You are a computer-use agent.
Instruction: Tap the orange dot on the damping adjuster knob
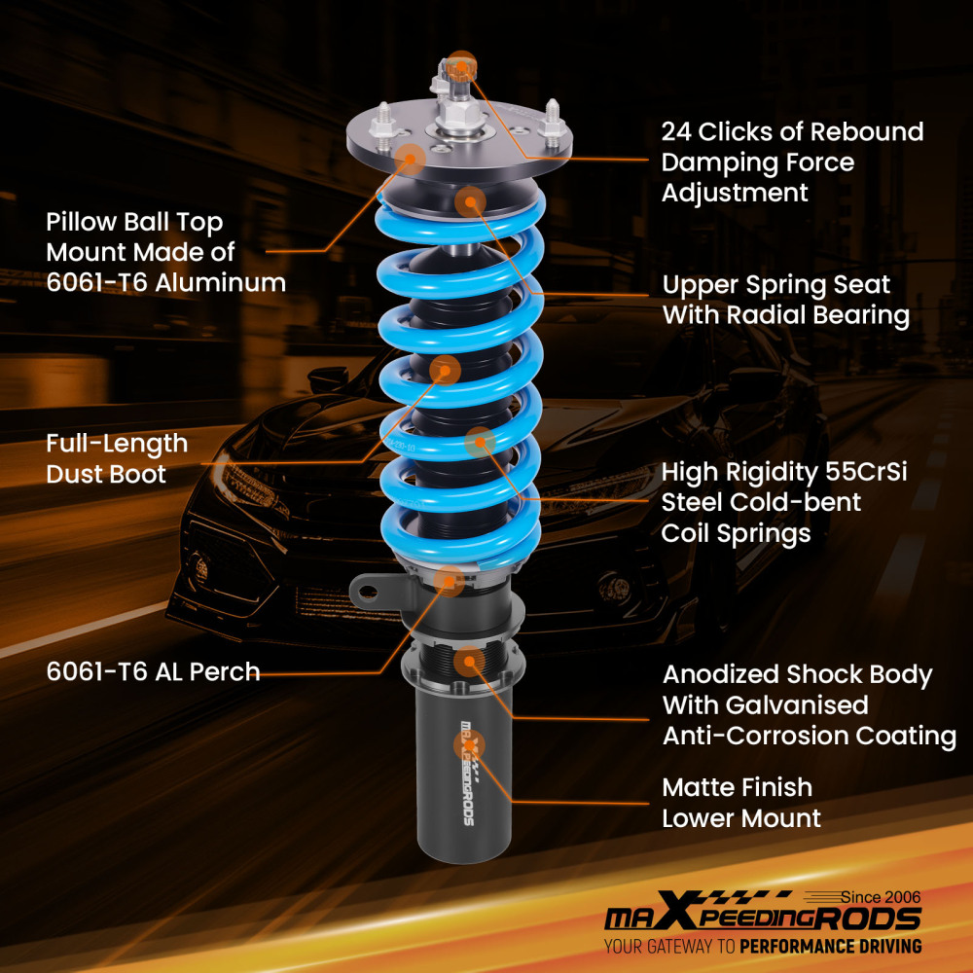pos(462,64)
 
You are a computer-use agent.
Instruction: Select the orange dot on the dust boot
pos(445,369)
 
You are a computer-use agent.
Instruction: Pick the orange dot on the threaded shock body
pos(469,662)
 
